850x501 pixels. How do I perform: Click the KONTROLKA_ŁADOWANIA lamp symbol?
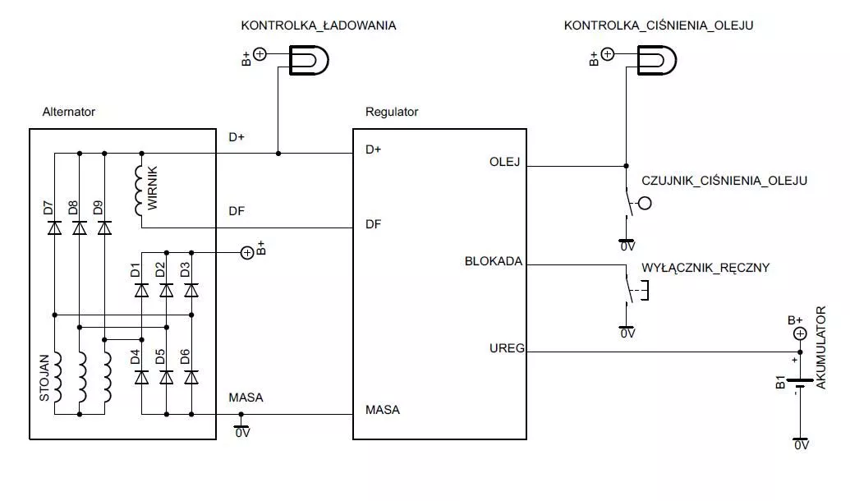[309, 60]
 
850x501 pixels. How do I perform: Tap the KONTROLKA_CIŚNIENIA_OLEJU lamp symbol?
[656, 60]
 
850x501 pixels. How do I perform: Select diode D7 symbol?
[54, 228]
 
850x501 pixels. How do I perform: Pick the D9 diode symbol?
[104, 228]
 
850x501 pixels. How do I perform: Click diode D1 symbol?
[141, 290]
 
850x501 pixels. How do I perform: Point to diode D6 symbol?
[191, 377]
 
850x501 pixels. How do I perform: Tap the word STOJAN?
[44, 378]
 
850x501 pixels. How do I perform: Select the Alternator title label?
[69, 112]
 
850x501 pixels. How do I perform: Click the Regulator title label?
[392, 112]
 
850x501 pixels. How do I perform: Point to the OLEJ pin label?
[505, 162]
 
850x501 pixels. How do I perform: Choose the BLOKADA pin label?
[494, 261]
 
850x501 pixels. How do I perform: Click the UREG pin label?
[507, 348]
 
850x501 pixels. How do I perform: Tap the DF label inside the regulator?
[373, 224]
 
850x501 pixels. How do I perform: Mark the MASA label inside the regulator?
[383, 410]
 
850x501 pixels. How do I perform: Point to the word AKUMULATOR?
[820, 347]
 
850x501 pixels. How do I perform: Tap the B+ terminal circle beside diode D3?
[247, 253]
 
